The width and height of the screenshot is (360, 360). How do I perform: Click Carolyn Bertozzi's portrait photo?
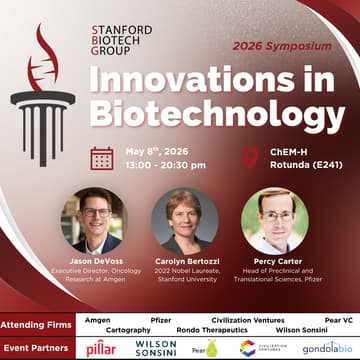(183, 219)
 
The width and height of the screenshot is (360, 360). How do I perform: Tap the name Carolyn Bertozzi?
(183, 258)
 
